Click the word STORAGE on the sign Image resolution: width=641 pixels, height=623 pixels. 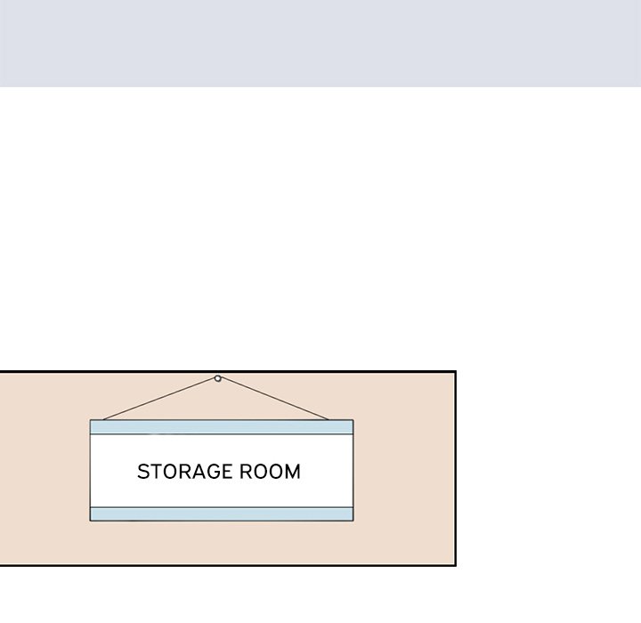coord(185,472)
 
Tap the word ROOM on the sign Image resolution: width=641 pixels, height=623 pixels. coord(270,472)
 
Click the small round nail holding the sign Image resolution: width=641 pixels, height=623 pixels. coord(218,378)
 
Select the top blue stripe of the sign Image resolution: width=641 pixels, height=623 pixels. coord(222,427)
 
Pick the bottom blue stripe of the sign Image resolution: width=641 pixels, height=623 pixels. coord(222,514)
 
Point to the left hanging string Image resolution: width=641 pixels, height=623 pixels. coord(159,399)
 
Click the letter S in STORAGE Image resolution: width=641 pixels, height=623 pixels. coord(143,472)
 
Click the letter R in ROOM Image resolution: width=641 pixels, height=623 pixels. coord(246,472)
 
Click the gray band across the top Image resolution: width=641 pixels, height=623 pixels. coord(320,44)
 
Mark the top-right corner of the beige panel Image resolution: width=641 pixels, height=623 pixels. coord(456,371)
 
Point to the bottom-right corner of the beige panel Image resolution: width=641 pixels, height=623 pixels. coord(456,566)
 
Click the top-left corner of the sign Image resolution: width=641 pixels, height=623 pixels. coord(90,420)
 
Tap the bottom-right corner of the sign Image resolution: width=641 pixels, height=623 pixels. coord(353,522)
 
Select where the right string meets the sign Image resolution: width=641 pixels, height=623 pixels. coord(329,420)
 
